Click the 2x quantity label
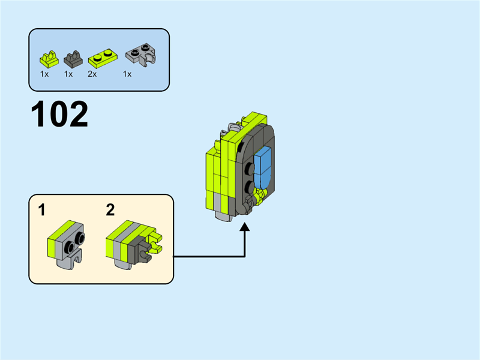[x=92, y=74]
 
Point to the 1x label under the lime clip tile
[x=44, y=74]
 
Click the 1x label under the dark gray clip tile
[x=68, y=74]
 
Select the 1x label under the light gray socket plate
[x=127, y=74]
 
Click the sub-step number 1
[x=41, y=210]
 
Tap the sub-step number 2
[x=110, y=210]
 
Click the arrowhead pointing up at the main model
[x=245, y=228]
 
